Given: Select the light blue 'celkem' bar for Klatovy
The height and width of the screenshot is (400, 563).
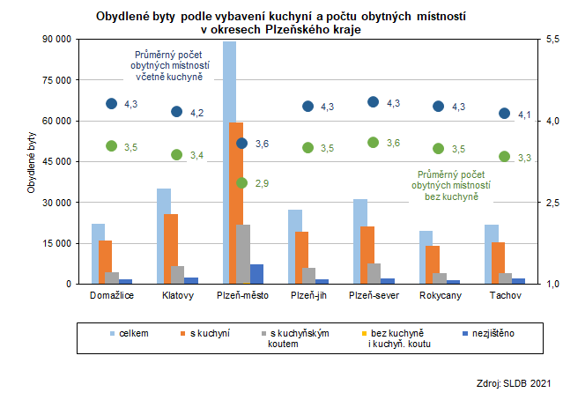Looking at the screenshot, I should point(164,236).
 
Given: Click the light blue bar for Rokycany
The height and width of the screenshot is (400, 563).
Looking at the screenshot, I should point(426,257).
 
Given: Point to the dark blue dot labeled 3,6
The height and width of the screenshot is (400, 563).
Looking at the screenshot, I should point(242,143).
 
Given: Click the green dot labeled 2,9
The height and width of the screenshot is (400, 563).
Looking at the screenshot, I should point(242,182).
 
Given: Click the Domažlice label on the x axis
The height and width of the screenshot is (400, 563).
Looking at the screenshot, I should point(111,295).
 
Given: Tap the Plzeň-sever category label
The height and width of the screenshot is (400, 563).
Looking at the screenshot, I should point(373,295).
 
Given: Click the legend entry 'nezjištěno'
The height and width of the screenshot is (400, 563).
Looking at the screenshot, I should point(494,334).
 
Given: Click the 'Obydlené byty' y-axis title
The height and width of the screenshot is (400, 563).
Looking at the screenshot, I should point(33,162).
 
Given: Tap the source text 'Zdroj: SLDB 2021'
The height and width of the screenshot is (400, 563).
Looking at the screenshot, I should point(512,383).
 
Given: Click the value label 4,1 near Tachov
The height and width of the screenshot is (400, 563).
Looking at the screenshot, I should point(523,115).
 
